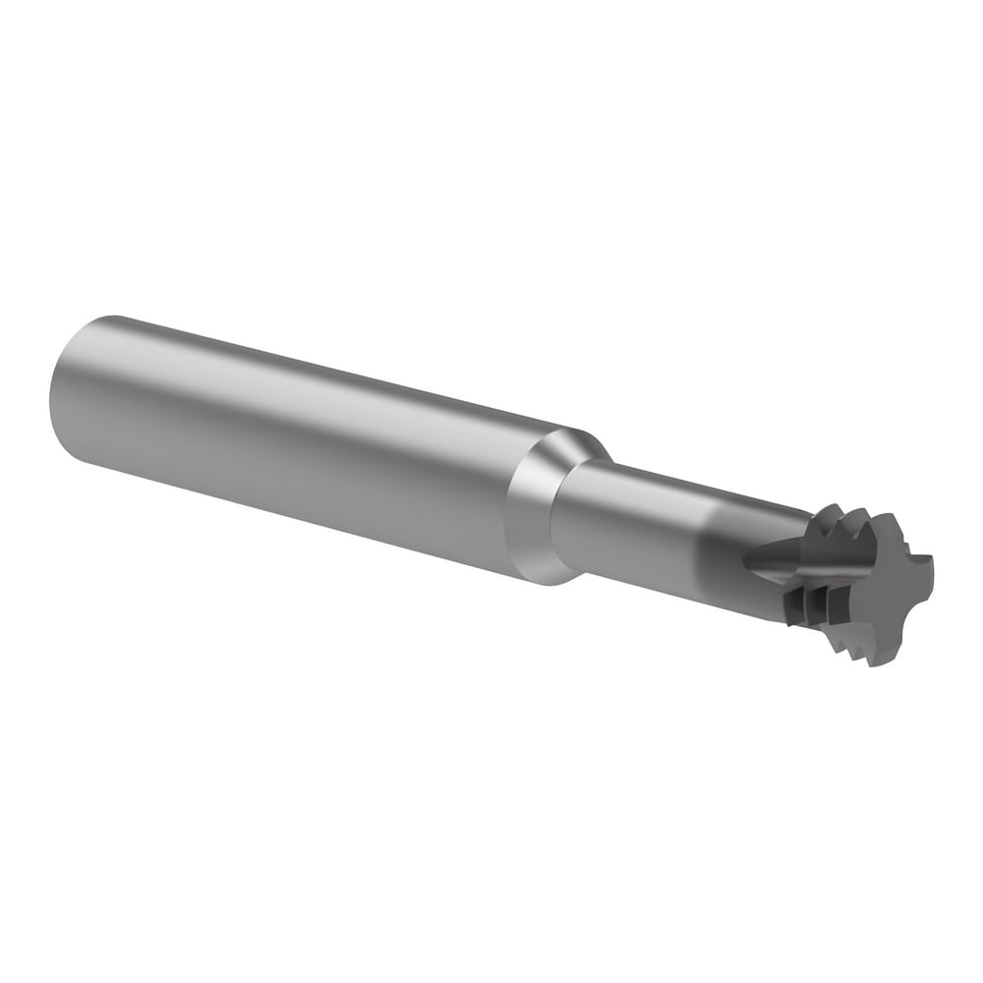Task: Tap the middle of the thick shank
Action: coord(295,442)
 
